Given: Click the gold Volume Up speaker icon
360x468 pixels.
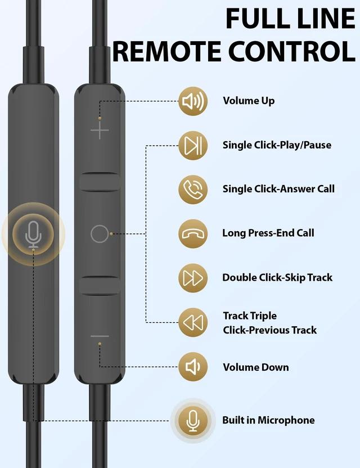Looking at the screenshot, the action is tap(193, 101).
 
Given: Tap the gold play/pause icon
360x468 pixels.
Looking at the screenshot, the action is tap(193, 146).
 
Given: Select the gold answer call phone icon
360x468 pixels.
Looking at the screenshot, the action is tap(193, 190).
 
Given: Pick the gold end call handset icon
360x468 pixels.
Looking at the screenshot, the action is tap(193, 233).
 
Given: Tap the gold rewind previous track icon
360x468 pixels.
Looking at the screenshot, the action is tap(193, 323).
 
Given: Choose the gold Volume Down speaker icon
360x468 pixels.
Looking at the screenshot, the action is tap(193, 367).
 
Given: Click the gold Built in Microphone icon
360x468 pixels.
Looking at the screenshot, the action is tap(193, 420).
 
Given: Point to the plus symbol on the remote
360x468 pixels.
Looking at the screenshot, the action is tap(100, 130).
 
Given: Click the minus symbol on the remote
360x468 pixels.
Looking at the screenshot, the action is tap(100, 336).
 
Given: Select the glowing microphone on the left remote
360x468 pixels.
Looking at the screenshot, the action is tap(33, 235).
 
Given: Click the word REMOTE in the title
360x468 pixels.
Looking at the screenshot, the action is tap(166, 51).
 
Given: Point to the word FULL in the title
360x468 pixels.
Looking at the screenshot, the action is tap(258, 18).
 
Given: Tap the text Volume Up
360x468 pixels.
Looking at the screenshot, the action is tap(249, 101).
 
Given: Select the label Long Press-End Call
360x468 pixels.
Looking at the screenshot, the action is tap(268, 233).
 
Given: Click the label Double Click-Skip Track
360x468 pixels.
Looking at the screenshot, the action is tap(277, 277).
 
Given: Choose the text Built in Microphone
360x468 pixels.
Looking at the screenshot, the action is tap(268, 420).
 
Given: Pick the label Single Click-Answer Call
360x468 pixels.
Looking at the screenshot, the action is tap(278, 189).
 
